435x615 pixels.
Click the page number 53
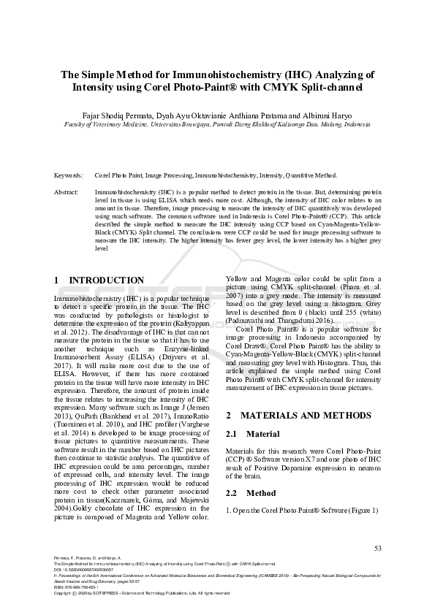click(x=377, y=548)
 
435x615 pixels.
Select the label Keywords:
click(x=68, y=176)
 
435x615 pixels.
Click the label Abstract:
click(x=67, y=191)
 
